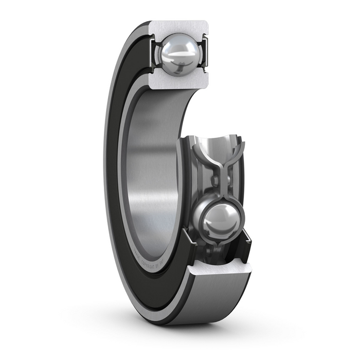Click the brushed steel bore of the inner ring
click(149, 170)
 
